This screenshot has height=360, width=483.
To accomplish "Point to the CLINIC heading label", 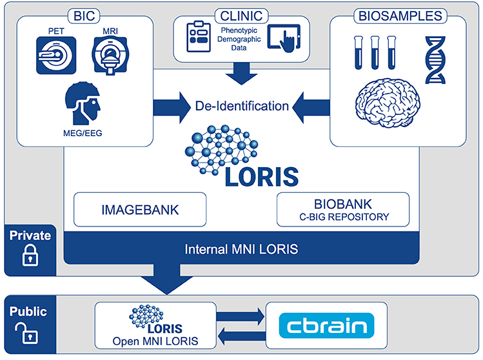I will click(x=242, y=14).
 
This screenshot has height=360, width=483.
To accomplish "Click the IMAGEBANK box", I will click(x=140, y=209).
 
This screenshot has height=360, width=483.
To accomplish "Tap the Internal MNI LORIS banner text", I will click(x=242, y=248).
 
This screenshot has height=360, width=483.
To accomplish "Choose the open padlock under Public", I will click(x=29, y=334).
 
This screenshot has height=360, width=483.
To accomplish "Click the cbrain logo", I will click(x=326, y=325).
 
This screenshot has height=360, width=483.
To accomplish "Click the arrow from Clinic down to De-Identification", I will click(x=242, y=72).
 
